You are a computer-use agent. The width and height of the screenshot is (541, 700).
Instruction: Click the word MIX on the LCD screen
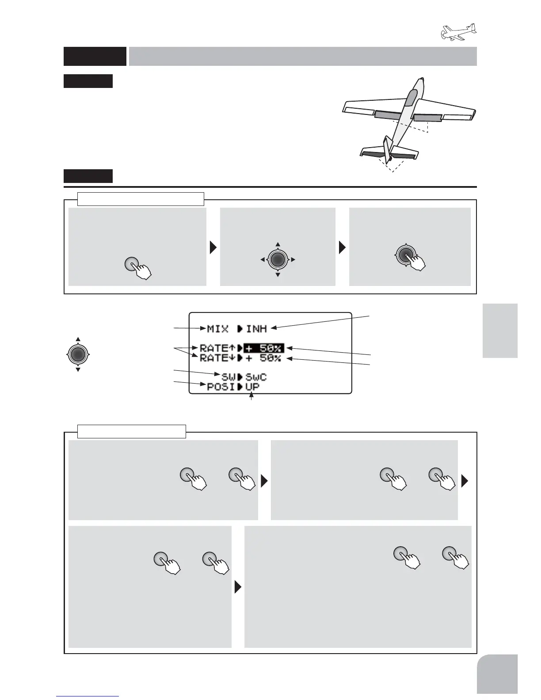coord(217,329)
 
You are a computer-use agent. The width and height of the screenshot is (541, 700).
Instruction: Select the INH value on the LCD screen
coord(256,329)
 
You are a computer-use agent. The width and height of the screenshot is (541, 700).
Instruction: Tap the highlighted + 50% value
coord(263,348)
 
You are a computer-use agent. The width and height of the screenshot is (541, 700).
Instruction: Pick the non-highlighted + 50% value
coord(263,358)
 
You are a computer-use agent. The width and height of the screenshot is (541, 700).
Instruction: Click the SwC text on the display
coord(256,377)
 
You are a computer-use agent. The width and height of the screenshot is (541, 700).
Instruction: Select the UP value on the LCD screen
coord(252,387)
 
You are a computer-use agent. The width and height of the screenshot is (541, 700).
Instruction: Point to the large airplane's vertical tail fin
coord(388,150)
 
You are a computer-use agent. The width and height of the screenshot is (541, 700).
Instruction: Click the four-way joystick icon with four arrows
coord(278,259)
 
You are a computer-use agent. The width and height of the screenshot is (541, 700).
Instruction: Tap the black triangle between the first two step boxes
coord(213,247)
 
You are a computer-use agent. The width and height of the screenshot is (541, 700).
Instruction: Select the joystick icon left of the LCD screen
coord(77,354)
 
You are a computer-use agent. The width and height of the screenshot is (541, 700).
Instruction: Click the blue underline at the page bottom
coord(88,696)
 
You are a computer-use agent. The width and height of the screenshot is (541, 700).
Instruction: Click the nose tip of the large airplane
coord(423,80)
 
